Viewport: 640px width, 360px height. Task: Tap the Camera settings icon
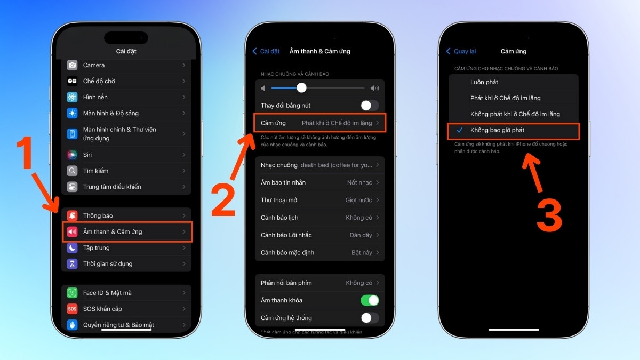72,65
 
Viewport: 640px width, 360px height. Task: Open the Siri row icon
72,155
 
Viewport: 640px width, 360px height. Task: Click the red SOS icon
72,309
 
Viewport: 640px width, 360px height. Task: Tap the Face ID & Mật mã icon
72,293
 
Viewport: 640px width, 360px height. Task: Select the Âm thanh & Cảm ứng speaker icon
72,231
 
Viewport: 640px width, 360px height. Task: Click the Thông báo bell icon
72,215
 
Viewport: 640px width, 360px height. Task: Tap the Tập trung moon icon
72,247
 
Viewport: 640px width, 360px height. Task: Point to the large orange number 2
223,201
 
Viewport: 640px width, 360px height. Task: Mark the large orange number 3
549,215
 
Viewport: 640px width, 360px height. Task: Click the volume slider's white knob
301,87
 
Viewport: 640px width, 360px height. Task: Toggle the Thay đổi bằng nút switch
370,106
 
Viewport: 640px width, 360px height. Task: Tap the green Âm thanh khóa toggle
370,300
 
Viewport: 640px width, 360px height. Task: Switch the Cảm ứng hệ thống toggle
370,318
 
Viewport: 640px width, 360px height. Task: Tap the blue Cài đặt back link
266,51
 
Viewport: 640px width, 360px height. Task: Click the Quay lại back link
461,51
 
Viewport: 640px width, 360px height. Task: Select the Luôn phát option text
484,82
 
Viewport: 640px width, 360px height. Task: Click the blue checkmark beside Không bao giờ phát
459,130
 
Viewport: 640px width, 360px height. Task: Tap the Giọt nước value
358,200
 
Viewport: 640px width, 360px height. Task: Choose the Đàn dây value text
361,235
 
